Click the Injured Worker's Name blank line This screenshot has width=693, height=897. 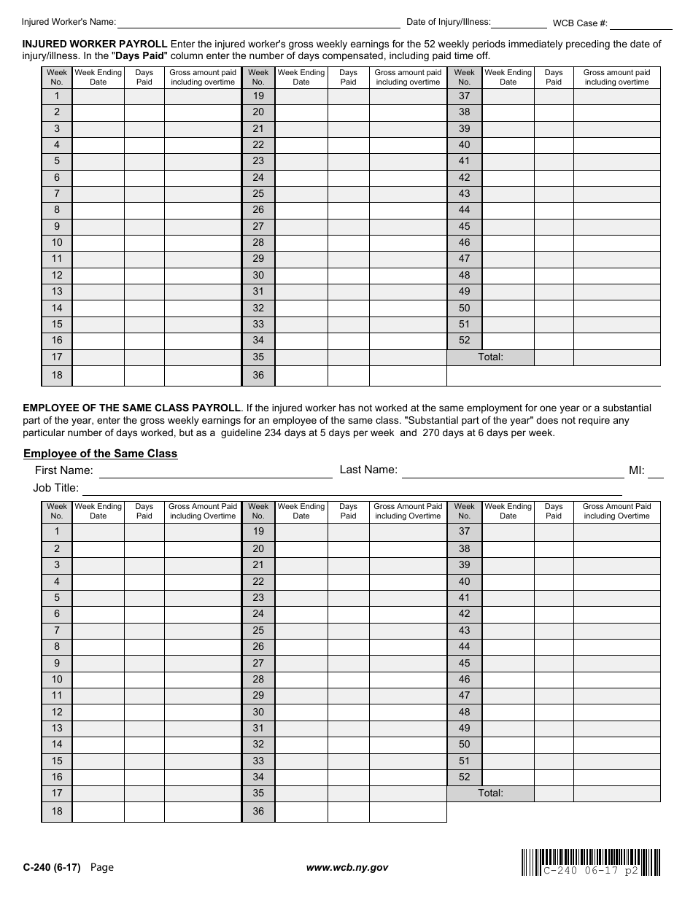(x=259, y=22)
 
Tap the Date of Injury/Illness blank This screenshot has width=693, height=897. (x=519, y=22)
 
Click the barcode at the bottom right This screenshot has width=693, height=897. (x=591, y=862)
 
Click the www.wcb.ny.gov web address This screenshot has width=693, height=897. (x=347, y=867)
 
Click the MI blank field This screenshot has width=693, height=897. (x=656, y=471)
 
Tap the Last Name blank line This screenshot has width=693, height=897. (x=513, y=471)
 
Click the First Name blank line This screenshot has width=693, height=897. (x=215, y=471)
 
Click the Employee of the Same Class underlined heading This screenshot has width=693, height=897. (x=101, y=454)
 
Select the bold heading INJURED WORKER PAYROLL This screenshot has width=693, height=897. (x=96, y=44)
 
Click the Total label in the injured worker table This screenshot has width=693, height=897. (x=490, y=357)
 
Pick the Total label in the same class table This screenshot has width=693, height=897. (x=490, y=793)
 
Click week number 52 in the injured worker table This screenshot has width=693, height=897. (x=465, y=341)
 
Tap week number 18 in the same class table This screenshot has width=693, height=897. (x=57, y=812)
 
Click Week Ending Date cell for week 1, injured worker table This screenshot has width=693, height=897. (x=98, y=96)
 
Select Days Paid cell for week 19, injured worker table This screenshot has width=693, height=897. (x=348, y=96)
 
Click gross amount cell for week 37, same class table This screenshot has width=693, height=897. (x=616, y=532)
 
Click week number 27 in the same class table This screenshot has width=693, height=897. (x=258, y=663)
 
